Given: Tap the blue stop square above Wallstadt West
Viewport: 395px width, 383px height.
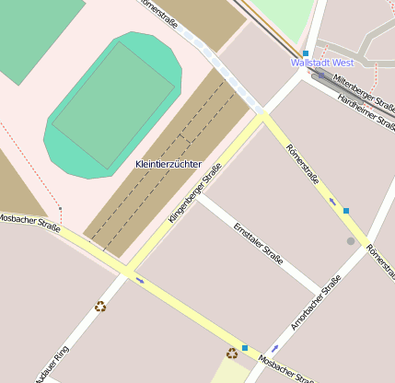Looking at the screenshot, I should point(306,53).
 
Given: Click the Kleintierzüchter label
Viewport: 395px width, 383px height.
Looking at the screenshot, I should point(168,164).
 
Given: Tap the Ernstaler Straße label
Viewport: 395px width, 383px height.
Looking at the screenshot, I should point(257,238).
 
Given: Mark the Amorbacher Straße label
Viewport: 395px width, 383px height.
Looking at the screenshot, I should point(315,301).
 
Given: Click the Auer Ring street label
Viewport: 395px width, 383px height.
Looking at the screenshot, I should point(52,363).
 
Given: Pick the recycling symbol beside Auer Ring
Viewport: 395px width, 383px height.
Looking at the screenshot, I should point(100,306).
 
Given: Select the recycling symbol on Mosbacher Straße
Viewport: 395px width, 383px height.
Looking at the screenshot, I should point(232,353).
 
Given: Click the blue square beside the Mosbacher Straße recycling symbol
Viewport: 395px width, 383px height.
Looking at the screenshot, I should point(245,348).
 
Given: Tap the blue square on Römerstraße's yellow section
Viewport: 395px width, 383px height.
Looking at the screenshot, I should point(346,211).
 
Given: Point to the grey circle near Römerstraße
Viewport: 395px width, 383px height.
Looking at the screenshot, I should point(350,241).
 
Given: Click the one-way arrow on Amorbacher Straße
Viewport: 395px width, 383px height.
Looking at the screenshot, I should point(275,348).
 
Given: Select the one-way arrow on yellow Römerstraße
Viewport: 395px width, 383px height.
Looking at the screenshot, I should point(332,201).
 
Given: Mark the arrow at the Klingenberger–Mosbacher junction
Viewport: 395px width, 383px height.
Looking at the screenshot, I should point(140,279).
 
